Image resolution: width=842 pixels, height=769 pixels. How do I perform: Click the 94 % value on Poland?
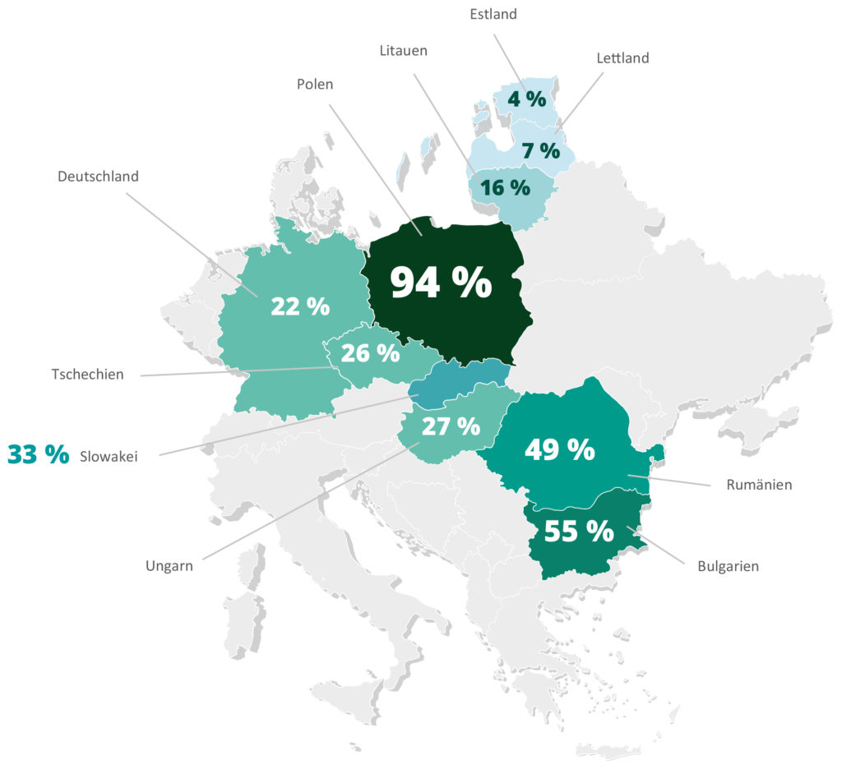point(441,283)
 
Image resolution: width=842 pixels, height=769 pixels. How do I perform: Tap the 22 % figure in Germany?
point(300,306)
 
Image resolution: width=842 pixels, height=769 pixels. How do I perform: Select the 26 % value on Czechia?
point(370,353)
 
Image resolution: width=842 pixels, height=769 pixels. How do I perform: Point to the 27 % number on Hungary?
point(451,426)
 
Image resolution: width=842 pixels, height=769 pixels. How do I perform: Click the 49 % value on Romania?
point(559,449)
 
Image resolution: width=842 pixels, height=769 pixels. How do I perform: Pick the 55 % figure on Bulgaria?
point(579,532)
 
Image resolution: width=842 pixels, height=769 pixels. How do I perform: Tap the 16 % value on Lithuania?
point(505,187)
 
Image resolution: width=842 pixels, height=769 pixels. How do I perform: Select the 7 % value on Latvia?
point(540,151)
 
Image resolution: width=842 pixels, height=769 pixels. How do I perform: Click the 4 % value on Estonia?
point(526,99)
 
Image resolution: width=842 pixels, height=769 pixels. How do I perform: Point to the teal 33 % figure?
point(38,454)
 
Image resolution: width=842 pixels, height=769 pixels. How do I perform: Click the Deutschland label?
point(98,176)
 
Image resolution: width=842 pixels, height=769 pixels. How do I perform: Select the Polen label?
point(315,85)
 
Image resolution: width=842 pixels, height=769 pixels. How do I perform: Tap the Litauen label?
point(403,51)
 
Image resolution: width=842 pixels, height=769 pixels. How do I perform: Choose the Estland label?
point(493,13)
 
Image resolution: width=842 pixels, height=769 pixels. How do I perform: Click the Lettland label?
point(622,58)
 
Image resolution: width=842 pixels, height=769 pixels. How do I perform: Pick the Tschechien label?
point(87,375)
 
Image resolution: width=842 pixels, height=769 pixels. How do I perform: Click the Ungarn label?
point(169,565)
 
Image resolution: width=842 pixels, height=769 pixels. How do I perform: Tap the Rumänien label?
point(759,485)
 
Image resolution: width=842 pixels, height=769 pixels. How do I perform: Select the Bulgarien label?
point(728,565)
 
